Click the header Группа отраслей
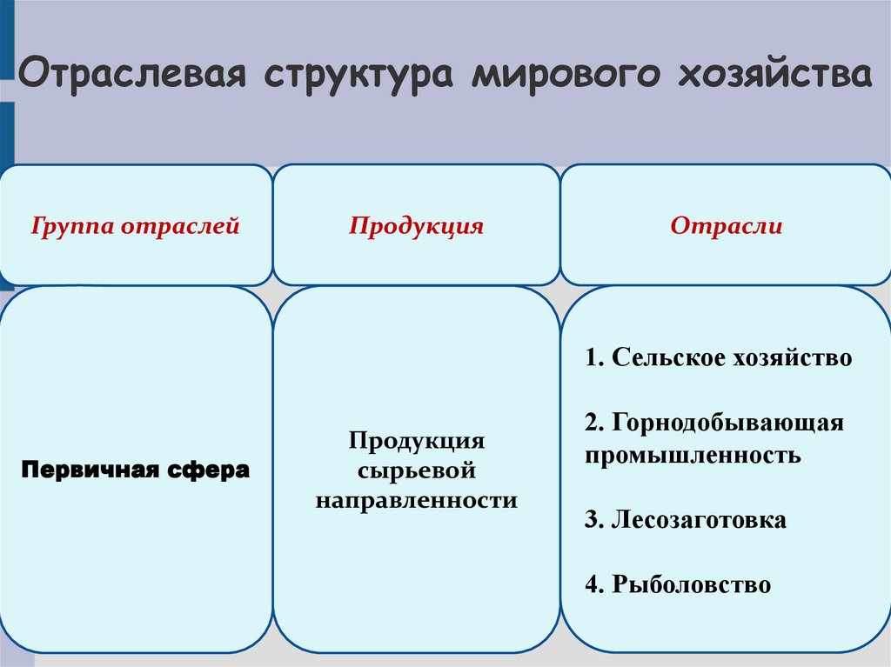135,227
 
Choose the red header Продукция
416,227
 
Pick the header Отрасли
726,227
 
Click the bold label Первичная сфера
135,471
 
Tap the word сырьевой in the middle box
416,470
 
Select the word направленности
416,501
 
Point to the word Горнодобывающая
727,424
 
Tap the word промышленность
693,455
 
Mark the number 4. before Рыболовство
594,584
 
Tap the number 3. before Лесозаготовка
594,520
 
